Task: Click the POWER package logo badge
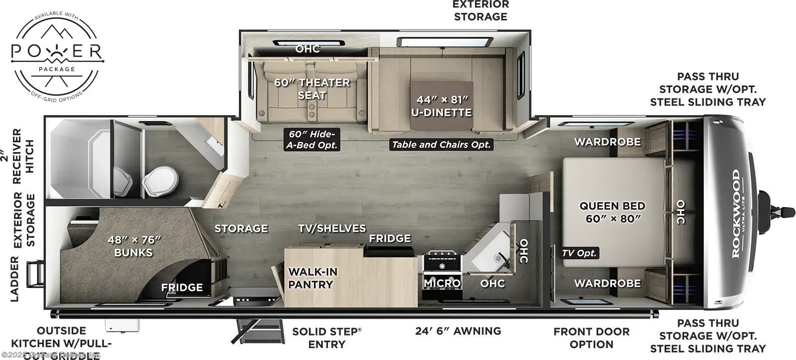coord(57,55)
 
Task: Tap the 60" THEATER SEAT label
coord(312,89)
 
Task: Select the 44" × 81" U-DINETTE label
coord(441,106)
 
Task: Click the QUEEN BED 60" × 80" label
coord(612,212)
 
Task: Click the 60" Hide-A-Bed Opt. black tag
coord(312,140)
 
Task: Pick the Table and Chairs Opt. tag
coord(441,145)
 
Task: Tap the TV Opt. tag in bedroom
coord(580,253)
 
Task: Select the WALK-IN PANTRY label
coord(312,278)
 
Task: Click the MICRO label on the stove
coord(442,283)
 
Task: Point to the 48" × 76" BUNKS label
coord(134,246)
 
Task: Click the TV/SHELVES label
coord(332,228)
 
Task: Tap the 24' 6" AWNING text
coord(458,331)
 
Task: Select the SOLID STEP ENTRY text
coord(327,338)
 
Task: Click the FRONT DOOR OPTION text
coord(591,338)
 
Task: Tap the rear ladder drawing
coord(35,274)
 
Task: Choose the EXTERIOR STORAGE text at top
coord(480,10)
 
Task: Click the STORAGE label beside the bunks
coord(241,228)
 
